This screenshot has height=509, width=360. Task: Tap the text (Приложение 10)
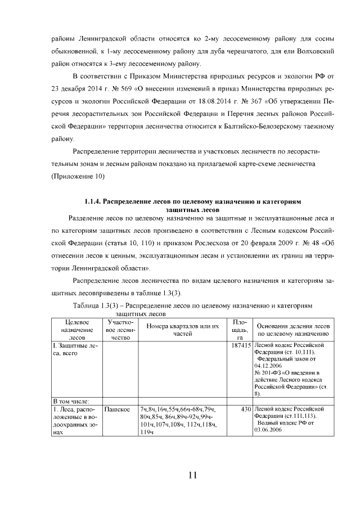[x=78, y=176]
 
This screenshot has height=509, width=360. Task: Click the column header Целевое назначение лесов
[x=74, y=330]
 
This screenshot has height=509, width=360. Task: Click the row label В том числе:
[x=70, y=401]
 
